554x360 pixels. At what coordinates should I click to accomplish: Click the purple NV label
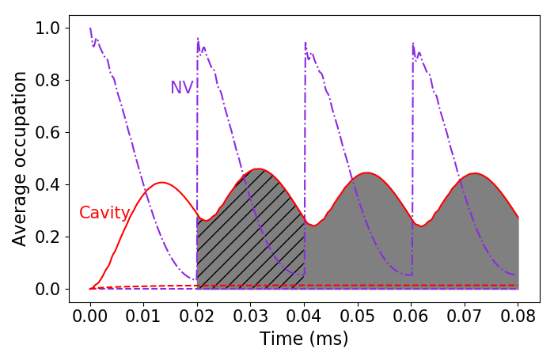click(x=181, y=87)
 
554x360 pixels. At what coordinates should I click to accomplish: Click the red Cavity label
click(x=104, y=213)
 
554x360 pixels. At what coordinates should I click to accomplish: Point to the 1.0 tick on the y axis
click(x=47, y=28)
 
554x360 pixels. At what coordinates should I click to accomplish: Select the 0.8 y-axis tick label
click(x=47, y=81)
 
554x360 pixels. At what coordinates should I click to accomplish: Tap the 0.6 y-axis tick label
click(x=47, y=133)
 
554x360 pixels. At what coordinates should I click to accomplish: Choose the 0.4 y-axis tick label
click(x=47, y=185)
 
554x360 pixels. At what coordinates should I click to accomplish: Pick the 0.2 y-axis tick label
click(x=47, y=237)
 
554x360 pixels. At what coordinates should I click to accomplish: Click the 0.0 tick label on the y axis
click(x=47, y=290)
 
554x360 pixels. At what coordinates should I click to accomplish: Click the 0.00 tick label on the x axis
click(x=89, y=316)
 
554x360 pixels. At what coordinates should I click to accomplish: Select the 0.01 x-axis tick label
click(x=143, y=316)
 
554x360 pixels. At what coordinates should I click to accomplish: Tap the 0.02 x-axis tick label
click(x=197, y=316)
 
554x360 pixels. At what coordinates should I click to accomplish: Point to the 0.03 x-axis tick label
click(x=250, y=316)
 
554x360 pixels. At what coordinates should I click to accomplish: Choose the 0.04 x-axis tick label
click(x=304, y=316)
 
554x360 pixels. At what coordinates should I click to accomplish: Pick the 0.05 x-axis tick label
click(x=357, y=316)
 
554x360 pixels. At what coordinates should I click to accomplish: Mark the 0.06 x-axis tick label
click(x=411, y=316)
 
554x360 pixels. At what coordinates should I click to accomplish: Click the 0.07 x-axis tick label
click(x=465, y=316)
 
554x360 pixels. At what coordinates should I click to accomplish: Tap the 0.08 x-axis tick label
click(x=518, y=316)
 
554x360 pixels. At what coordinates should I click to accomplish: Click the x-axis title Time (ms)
click(x=304, y=339)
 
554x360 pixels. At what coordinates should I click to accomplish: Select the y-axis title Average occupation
click(x=19, y=159)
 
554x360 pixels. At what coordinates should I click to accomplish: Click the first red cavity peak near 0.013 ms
click(x=161, y=182)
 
